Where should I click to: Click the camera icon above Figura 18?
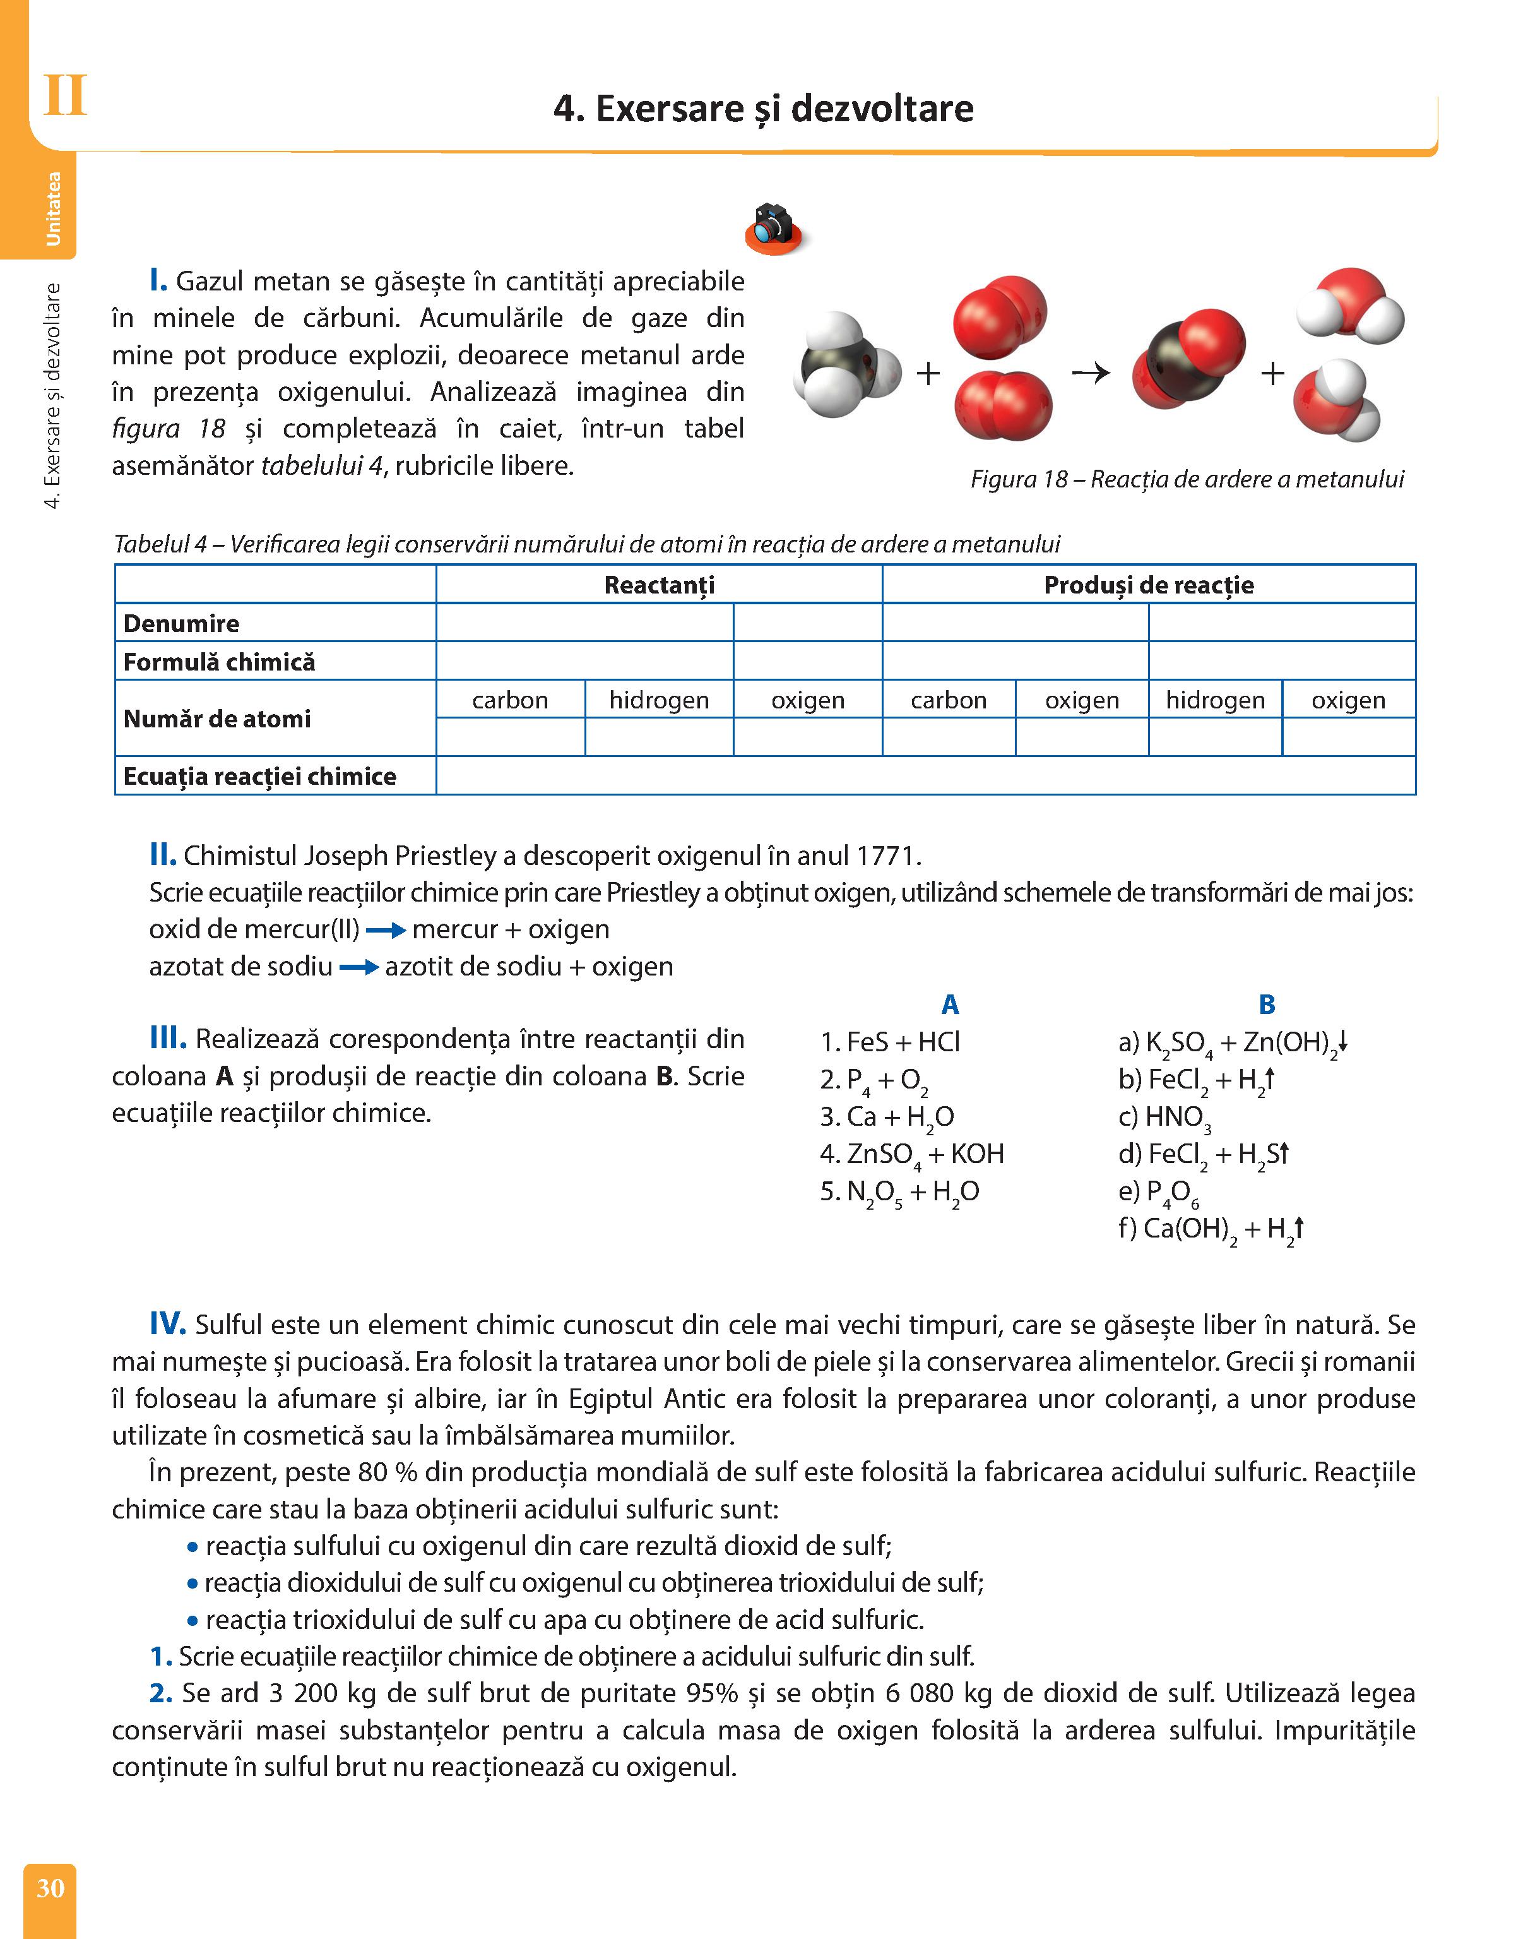(x=773, y=228)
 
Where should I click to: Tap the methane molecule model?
(x=845, y=364)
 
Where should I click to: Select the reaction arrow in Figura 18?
(x=1091, y=373)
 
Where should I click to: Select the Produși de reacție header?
(x=1148, y=585)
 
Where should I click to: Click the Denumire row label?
(x=182, y=624)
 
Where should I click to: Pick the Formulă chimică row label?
(x=219, y=662)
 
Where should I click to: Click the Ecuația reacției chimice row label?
(x=259, y=776)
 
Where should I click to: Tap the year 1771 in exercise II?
(x=885, y=856)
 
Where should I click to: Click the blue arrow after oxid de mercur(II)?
(x=386, y=931)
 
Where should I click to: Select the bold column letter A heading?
(x=950, y=1005)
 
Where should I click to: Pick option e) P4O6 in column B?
(x=1159, y=1192)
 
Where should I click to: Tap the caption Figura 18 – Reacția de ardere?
(x=1187, y=480)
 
